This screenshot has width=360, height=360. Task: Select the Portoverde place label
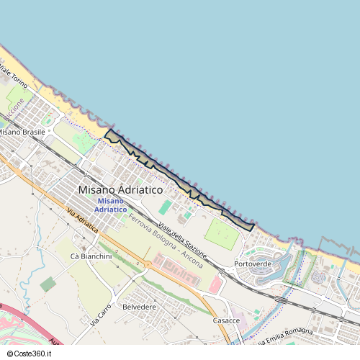point(253,264)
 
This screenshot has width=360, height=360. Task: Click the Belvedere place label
point(140,307)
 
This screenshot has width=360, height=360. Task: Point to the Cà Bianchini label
point(91,256)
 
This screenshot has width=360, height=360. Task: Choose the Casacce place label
point(226,320)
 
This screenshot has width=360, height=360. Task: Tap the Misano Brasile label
point(22,132)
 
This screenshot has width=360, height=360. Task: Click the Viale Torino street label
point(13,76)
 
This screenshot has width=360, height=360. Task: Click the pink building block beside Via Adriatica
point(177,266)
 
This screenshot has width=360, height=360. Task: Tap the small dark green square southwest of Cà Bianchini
point(48,284)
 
